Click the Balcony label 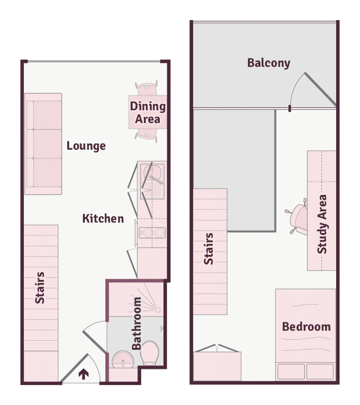coord(269,63)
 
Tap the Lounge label coord(86,146)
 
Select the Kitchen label coord(103,218)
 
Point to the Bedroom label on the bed coord(306,327)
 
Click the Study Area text coord(322,224)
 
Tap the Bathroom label coord(136,323)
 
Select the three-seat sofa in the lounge coord(43,144)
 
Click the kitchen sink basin coord(153,172)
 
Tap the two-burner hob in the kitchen coord(152,233)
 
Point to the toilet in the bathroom coord(150,353)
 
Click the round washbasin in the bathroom coord(123,359)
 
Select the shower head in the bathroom coord(157,310)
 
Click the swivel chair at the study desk coord(297,217)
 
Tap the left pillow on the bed coord(291,371)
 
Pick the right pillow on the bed coord(320,371)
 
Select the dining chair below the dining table coord(146,136)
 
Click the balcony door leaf coord(320,89)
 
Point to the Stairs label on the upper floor coord(209,249)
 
